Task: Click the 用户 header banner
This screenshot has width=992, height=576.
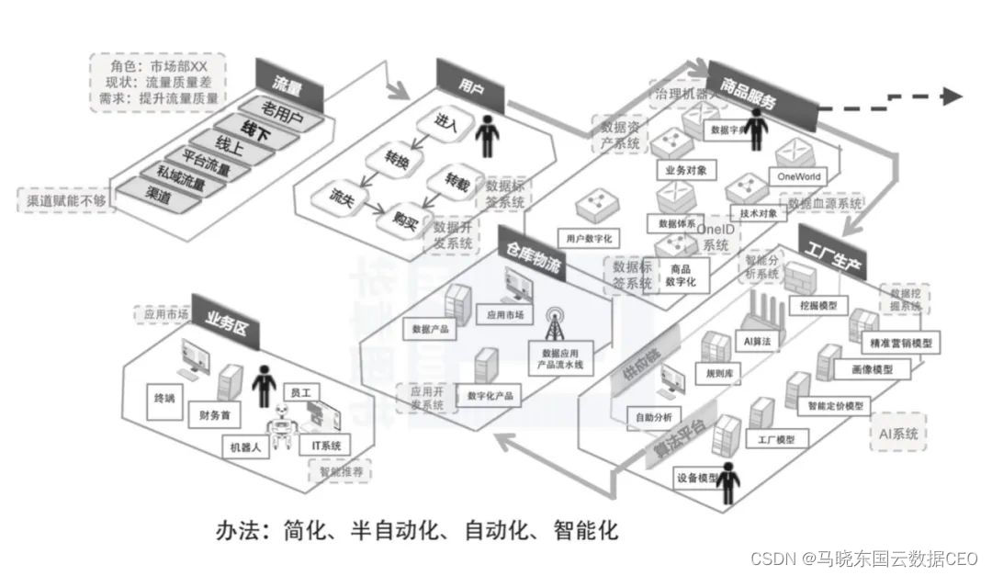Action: click(470, 84)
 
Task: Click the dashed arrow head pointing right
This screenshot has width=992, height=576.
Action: click(952, 96)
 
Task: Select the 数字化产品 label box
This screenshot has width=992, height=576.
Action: click(490, 396)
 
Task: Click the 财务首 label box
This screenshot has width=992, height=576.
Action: click(214, 415)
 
